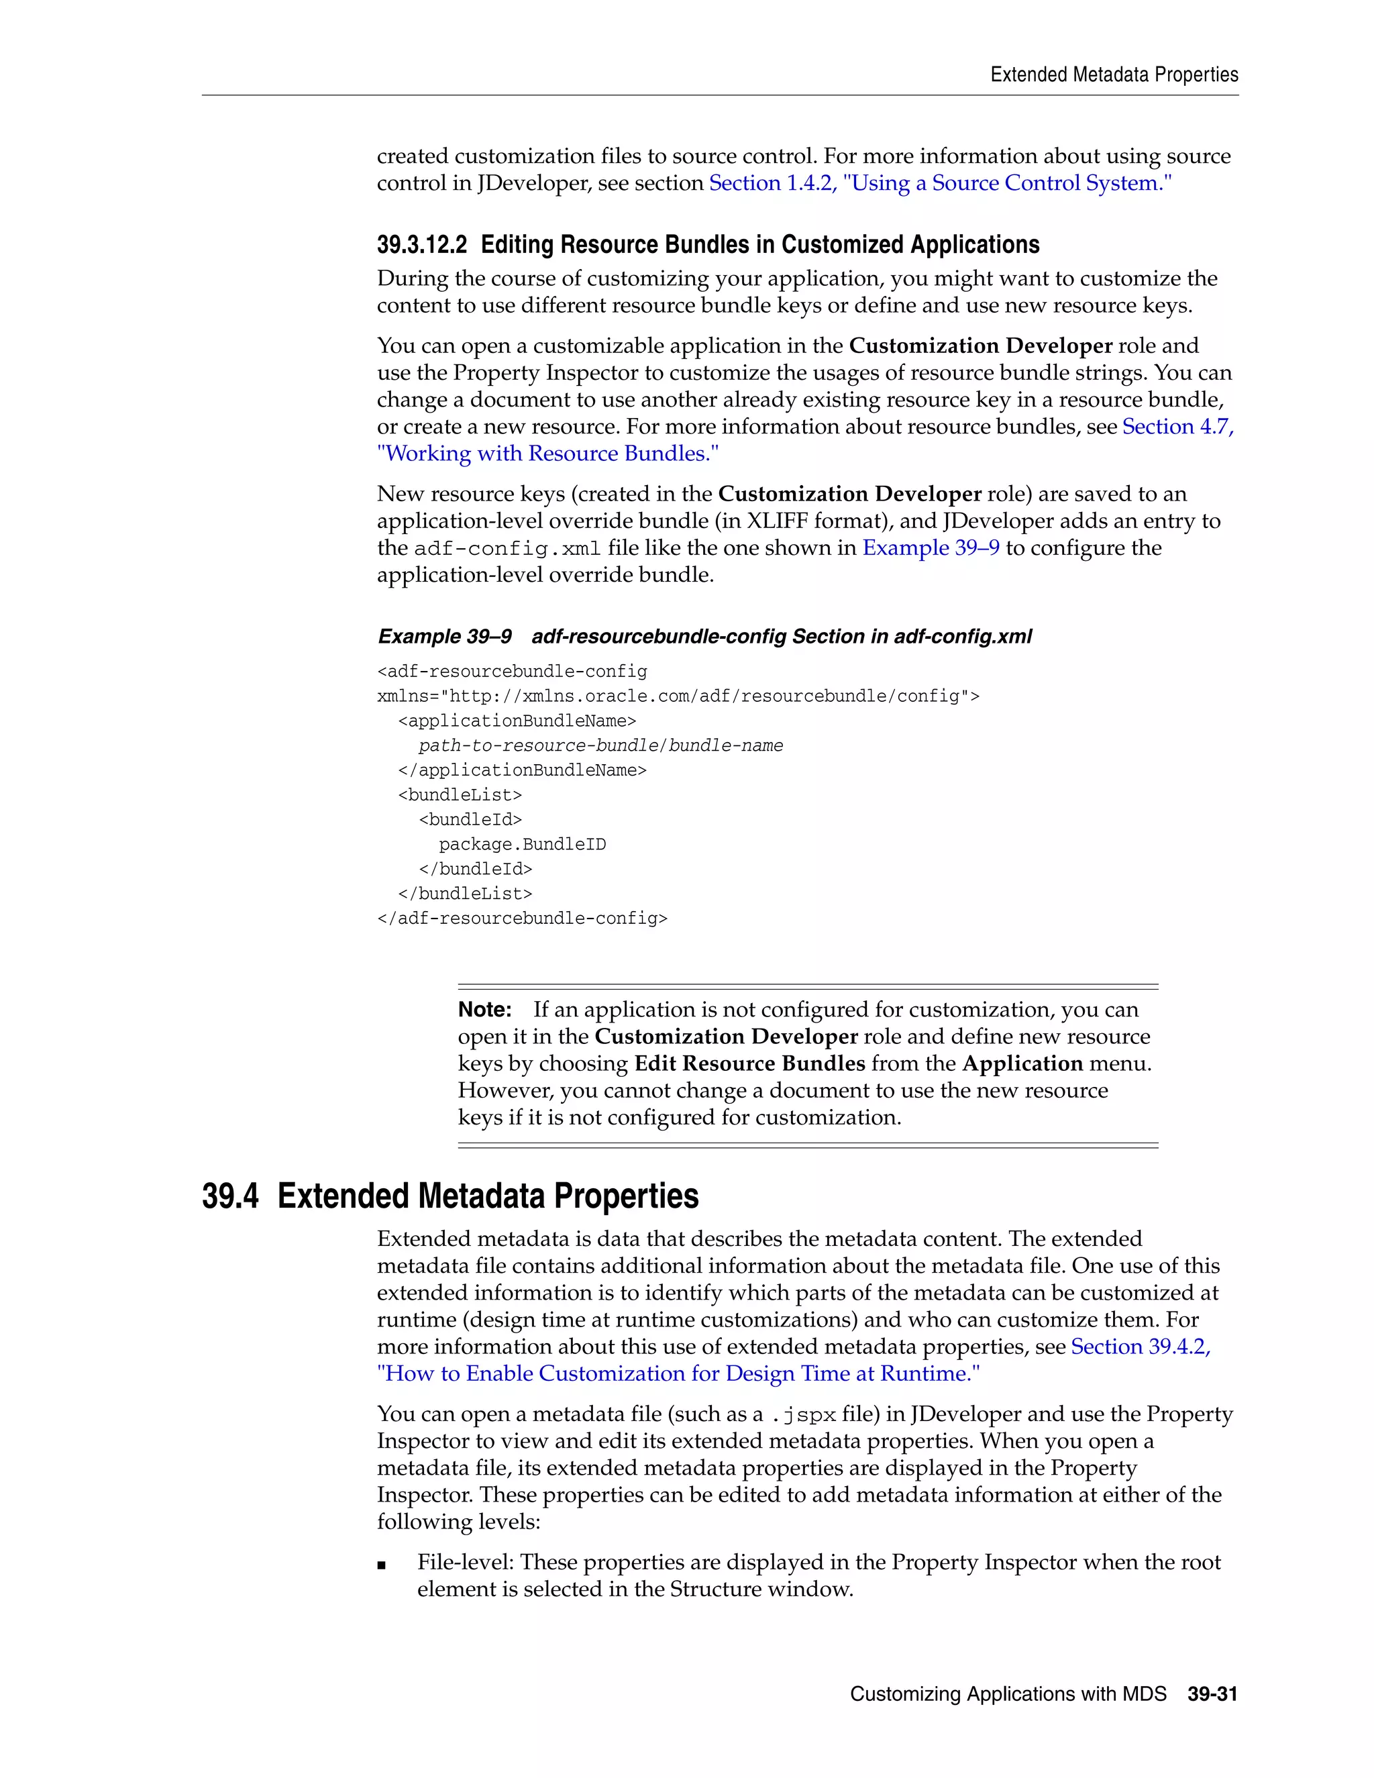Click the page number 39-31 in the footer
1212,1694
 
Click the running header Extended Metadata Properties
1114,75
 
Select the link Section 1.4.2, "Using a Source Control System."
940,183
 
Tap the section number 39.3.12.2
421,245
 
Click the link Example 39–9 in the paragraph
931,548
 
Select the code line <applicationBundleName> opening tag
517,721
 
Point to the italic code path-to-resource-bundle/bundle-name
600,745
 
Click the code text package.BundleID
523,844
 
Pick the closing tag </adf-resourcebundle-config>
522,919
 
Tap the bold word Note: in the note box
484,1010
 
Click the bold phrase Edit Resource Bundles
749,1063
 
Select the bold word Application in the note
1022,1063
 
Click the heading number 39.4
230,1196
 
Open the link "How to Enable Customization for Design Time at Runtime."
678,1373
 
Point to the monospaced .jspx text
802,1415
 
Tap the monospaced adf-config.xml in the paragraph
507,549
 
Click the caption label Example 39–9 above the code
444,637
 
